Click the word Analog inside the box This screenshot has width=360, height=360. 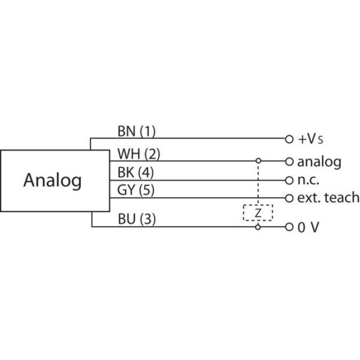point(52,180)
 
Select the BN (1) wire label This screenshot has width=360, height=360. point(136,131)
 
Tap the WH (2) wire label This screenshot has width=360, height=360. point(138,155)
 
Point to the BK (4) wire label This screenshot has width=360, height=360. point(135,173)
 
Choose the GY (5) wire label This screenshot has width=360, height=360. point(135,190)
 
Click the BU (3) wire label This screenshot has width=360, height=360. point(136,219)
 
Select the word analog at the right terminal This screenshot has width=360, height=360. point(319,162)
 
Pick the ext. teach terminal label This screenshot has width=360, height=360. point(328,198)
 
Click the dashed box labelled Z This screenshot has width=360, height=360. point(258,213)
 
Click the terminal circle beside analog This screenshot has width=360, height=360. point(290,161)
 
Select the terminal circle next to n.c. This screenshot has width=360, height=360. point(290,180)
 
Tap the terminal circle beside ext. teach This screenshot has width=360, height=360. point(290,198)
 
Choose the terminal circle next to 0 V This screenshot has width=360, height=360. point(290,227)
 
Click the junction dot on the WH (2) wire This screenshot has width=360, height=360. point(259,161)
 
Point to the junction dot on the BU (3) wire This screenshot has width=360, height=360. point(259,227)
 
